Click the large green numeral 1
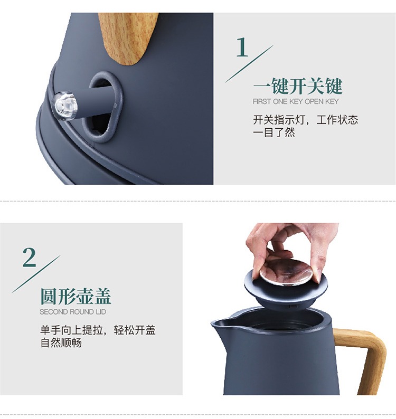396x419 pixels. click(x=242, y=47)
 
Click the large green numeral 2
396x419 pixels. click(x=29, y=257)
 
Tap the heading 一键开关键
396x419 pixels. click(x=298, y=86)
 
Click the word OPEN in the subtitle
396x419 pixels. click(x=314, y=101)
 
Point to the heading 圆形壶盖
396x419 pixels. click(x=76, y=297)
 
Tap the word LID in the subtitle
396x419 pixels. click(x=101, y=312)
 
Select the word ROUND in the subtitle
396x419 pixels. click(x=81, y=312)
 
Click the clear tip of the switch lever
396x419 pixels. click(x=64, y=106)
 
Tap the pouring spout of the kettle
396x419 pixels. click(x=220, y=326)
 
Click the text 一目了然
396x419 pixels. click(x=274, y=132)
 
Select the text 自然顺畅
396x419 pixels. click(x=61, y=342)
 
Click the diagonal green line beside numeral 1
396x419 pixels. click(x=249, y=64)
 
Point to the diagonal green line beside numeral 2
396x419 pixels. click(x=36, y=274)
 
